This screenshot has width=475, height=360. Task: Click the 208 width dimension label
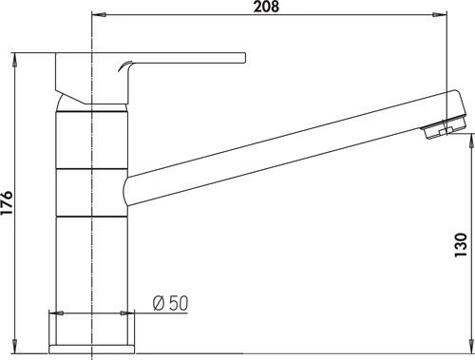(x=266, y=7)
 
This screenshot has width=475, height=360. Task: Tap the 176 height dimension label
(x=7, y=202)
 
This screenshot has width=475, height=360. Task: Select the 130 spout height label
(x=461, y=245)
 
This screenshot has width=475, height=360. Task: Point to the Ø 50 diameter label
(x=170, y=303)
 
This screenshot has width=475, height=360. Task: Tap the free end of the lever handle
(x=245, y=58)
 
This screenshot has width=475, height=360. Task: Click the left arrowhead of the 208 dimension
(x=99, y=14)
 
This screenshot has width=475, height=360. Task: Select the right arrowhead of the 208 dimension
(x=440, y=14)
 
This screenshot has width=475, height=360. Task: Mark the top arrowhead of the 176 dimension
(x=14, y=60)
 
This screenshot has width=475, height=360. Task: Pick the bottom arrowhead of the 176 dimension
(x=14, y=346)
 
